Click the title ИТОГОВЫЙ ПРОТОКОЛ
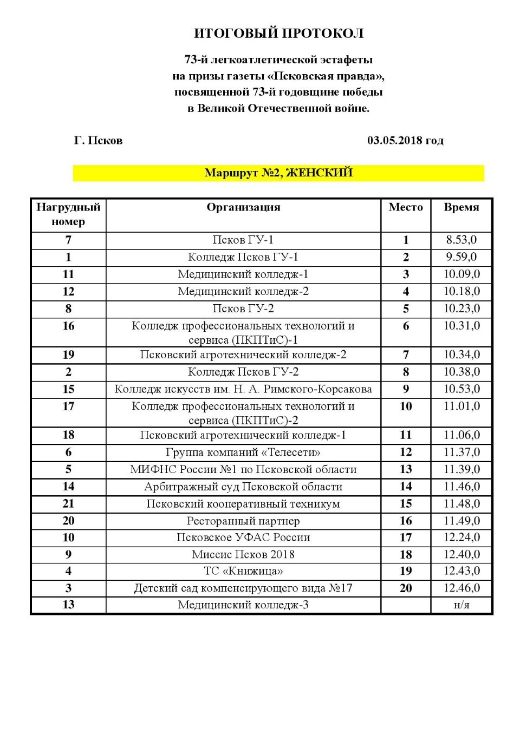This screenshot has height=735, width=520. pyautogui.click(x=278, y=34)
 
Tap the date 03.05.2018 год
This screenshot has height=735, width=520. pyautogui.click(x=405, y=141)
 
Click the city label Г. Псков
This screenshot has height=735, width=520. pyautogui.click(x=98, y=141)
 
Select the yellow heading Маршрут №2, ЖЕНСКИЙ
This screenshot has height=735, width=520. pyautogui.click(x=278, y=173)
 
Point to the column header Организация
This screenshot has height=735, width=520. pyautogui.click(x=243, y=207)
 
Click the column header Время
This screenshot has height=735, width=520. pyautogui.click(x=461, y=207)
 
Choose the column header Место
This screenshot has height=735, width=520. pyautogui.click(x=406, y=207)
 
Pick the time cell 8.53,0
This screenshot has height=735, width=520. pyautogui.click(x=461, y=240)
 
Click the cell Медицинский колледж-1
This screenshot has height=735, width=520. pyautogui.click(x=243, y=274)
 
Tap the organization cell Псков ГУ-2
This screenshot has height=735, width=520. pyautogui.click(x=243, y=309)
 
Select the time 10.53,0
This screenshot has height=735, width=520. pyautogui.click(x=461, y=389)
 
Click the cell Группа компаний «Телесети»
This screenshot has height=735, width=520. pyautogui.click(x=243, y=452)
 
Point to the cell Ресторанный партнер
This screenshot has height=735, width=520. pyautogui.click(x=243, y=521)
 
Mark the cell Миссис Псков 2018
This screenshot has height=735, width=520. pyautogui.click(x=243, y=554)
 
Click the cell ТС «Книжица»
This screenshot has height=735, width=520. pyautogui.click(x=243, y=571)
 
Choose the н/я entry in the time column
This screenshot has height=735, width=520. pyautogui.click(x=461, y=605)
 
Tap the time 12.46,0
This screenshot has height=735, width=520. pyautogui.click(x=461, y=588)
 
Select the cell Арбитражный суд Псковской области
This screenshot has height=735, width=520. pyautogui.click(x=243, y=487)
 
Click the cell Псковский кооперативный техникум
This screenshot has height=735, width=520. pyautogui.click(x=243, y=504)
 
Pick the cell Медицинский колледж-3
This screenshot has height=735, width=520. pyautogui.click(x=243, y=605)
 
